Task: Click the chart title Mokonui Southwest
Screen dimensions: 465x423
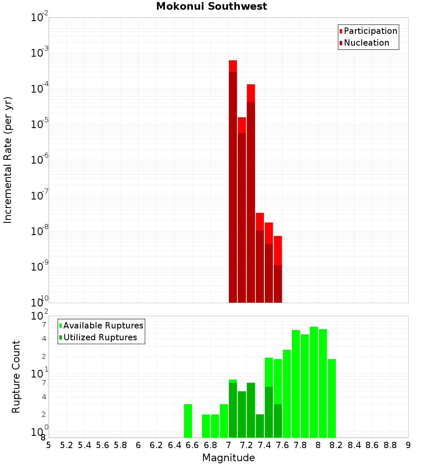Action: (x=211, y=6)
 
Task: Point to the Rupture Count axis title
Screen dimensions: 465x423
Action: (x=16, y=377)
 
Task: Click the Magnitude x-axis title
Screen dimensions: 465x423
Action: (x=228, y=458)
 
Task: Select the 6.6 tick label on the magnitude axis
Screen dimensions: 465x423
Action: (x=192, y=445)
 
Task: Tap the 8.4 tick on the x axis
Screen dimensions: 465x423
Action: (x=354, y=445)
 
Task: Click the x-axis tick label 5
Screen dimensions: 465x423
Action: (x=49, y=445)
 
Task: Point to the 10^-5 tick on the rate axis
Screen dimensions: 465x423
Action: (x=41, y=124)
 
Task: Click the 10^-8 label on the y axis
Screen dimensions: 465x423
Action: (x=41, y=231)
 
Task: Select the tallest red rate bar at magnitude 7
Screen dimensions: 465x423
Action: (x=233, y=182)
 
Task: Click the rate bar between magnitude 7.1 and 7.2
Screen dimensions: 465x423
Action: (x=242, y=211)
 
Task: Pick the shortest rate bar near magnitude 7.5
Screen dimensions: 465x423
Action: (x=278, y=271)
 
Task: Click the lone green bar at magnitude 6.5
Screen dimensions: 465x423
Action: (x=188, y=421)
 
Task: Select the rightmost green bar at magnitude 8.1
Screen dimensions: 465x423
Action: (x=332, y=398)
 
